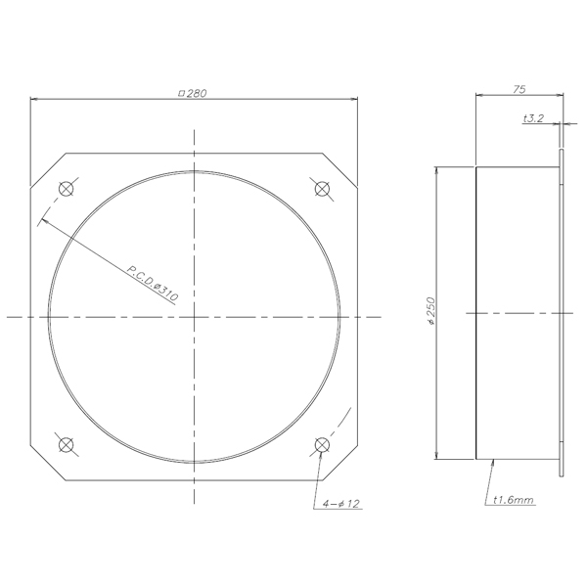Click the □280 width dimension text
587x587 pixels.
pyautogui.click(x=193, y=93)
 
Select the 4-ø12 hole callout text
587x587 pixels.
pyautogui.click(x=341, y=504)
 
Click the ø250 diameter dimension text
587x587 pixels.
pyautogui.click(x=431, y=311)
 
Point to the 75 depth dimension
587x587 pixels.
pyautogui.click(x=519, y=89)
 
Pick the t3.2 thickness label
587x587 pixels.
pyautogui.click(x=533, y=118)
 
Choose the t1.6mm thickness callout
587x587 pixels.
pyautogui.click(x=514, y=500)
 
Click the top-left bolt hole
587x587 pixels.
pyautogui.click(x=67, y=188)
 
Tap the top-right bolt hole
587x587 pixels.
pyautogui.click(x=322, y=188)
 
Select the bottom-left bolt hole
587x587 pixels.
pyautogui.click(x=67, y=445)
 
